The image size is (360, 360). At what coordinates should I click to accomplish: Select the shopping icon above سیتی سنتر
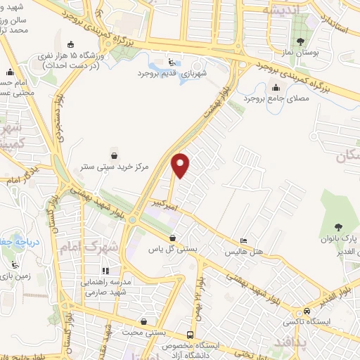(115, 155)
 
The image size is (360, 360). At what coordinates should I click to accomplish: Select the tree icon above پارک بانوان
(339, 226)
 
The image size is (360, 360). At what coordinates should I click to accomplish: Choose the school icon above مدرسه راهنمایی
(105, 271)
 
